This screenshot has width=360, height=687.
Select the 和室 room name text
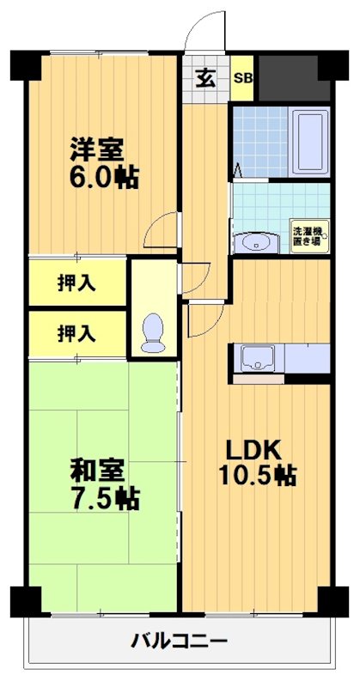[96, 471]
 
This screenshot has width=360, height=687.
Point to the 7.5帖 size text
[104, 499]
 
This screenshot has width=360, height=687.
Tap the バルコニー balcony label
[179, 641]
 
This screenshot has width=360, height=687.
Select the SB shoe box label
[243, 78]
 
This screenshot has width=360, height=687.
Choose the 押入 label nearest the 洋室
[76, 283]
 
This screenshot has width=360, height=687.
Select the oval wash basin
[255, 243]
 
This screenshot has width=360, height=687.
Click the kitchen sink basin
[256, 356]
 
